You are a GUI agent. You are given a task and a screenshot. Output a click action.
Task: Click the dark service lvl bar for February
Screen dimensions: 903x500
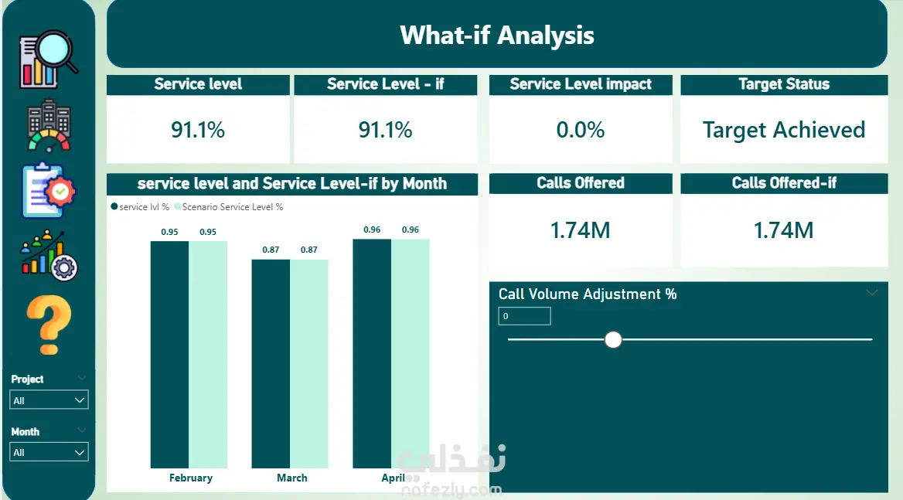[169, 355]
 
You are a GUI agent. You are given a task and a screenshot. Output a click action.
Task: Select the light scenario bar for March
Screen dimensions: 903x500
[309, 364]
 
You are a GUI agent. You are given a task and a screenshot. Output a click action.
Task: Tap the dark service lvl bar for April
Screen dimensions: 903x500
[372, 353]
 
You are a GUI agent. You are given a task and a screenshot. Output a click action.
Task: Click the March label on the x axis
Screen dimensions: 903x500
[292, 478]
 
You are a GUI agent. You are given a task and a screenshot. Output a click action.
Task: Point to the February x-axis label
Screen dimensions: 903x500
[191, 478]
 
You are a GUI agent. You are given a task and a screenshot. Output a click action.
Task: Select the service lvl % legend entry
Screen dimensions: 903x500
[140, 207]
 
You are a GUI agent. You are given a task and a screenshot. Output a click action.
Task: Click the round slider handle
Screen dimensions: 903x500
[613, 339]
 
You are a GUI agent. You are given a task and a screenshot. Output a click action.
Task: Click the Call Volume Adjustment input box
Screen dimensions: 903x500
[524, 316]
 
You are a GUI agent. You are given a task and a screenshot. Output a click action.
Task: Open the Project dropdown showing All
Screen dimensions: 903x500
[49, 400]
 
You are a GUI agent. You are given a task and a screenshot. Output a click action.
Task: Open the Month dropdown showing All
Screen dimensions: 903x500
[49, 452]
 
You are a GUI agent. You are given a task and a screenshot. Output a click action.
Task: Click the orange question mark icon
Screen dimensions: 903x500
[49, 325]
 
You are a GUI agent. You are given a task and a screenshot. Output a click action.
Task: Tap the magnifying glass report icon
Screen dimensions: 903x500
[49, 60]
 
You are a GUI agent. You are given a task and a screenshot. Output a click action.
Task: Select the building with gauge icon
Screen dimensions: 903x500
[49, 126]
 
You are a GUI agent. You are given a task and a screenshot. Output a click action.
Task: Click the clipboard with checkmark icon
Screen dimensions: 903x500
[49, 191]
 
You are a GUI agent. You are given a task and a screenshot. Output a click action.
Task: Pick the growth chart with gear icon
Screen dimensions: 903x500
[49, 256]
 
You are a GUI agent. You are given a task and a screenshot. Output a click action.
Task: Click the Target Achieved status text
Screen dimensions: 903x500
[784, 130]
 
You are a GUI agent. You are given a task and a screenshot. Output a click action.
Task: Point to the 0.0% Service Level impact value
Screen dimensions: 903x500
[581, 130]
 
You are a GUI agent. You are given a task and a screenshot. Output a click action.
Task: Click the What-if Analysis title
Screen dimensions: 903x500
[497, 35]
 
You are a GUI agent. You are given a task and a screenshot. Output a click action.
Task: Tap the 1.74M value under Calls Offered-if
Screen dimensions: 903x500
[784, 230]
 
